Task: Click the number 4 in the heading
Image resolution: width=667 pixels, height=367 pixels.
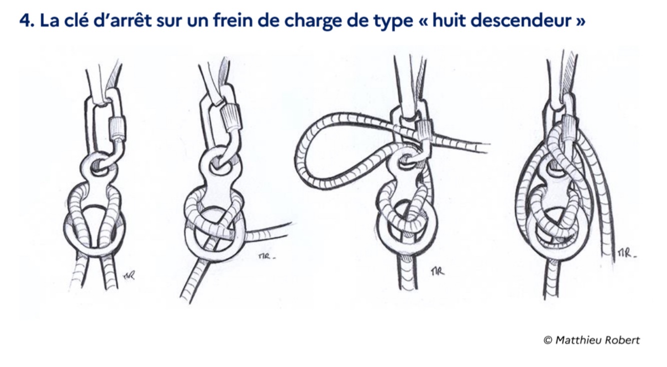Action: pos(25,20)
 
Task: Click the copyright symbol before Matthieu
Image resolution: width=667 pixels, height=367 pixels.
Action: pos(548,340)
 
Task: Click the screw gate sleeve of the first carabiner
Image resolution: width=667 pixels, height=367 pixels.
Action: pos(118,129)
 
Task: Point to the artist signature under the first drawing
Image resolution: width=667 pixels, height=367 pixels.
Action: pos(129,275)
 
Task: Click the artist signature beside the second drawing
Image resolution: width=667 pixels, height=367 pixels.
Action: pos(267,256)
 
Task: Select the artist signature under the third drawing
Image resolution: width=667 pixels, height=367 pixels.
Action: pos(437,271)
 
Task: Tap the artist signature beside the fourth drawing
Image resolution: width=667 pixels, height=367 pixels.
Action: pos(626,253)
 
